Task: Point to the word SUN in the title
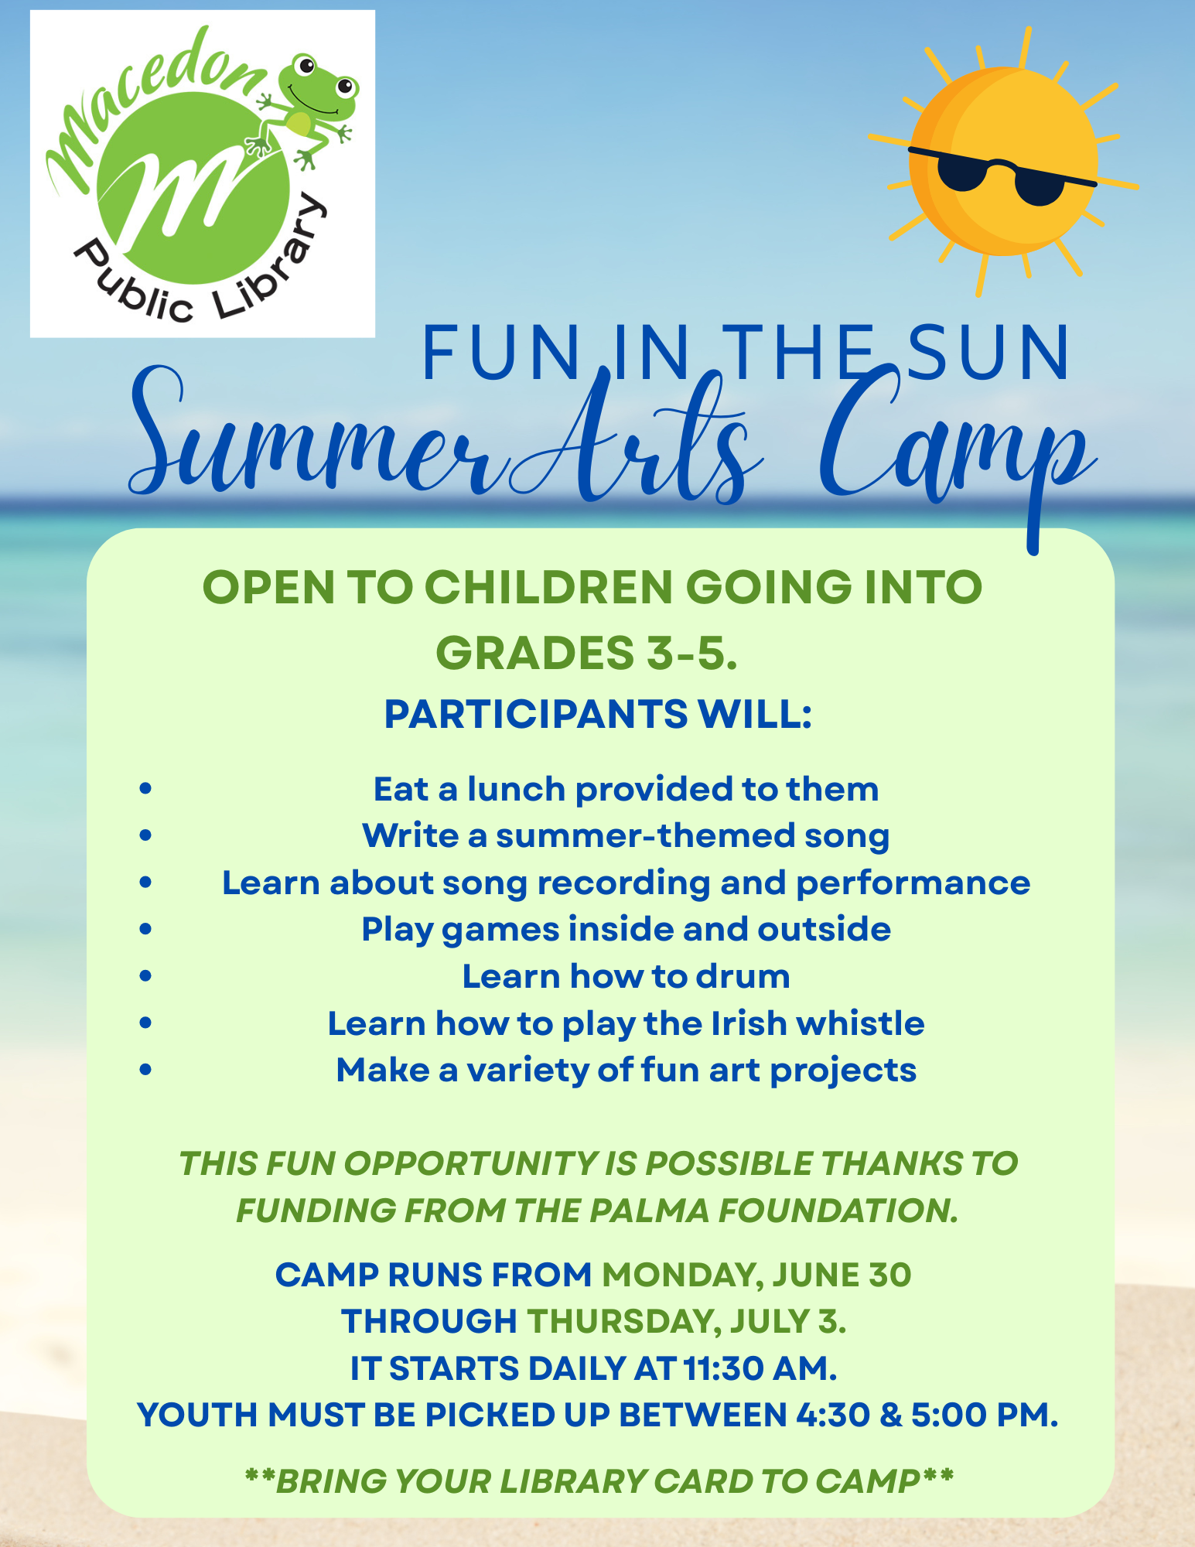990,353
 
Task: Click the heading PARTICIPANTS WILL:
598,714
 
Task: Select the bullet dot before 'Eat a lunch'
145,789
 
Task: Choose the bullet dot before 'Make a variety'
145,1070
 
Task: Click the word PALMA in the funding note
649,1211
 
